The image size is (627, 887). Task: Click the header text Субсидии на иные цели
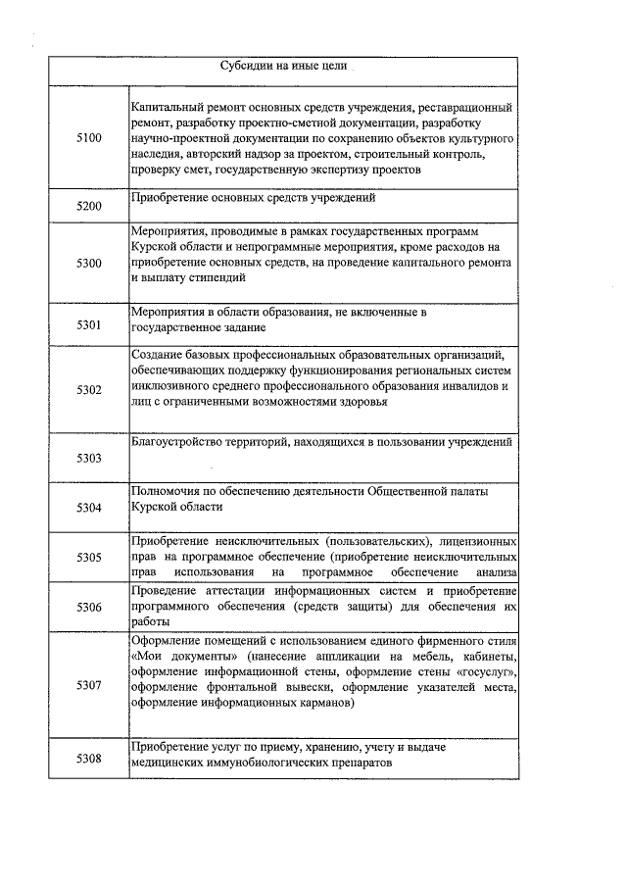coord(282,67)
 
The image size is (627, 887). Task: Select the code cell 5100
coord(88,138)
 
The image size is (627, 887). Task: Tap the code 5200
coord(88,208)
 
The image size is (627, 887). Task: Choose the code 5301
coord(88,325)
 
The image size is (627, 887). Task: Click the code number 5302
coord(88,390)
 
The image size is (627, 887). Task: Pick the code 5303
coord(88,459)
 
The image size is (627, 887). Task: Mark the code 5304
coord(88,508)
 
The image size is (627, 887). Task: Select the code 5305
coord(88,558)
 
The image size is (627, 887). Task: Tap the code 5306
coord(88,608)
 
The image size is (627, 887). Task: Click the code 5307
coord(88,685)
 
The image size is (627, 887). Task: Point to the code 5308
coord(88,758)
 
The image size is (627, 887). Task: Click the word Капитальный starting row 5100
coord(168,106)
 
